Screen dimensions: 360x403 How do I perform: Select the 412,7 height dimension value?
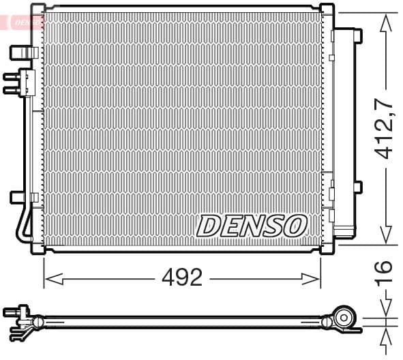(387, 130)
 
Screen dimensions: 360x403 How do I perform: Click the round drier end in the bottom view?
(345, 318)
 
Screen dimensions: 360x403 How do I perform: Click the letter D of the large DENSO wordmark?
(209, 226)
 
